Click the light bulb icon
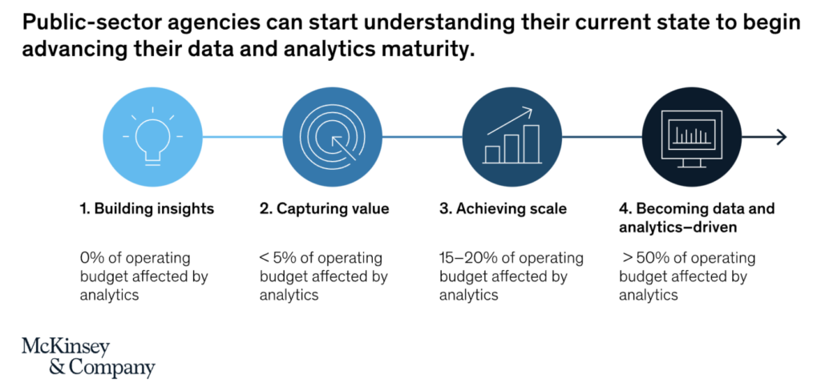click(152, 137)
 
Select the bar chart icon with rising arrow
click(512, 137)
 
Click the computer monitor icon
click(691, 137)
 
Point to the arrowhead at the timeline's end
click(782, 137)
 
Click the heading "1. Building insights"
click(147, 209)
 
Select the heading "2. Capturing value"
click(324, 209)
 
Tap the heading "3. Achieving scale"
click(503, 209)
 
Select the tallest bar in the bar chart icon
click(530, 142)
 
